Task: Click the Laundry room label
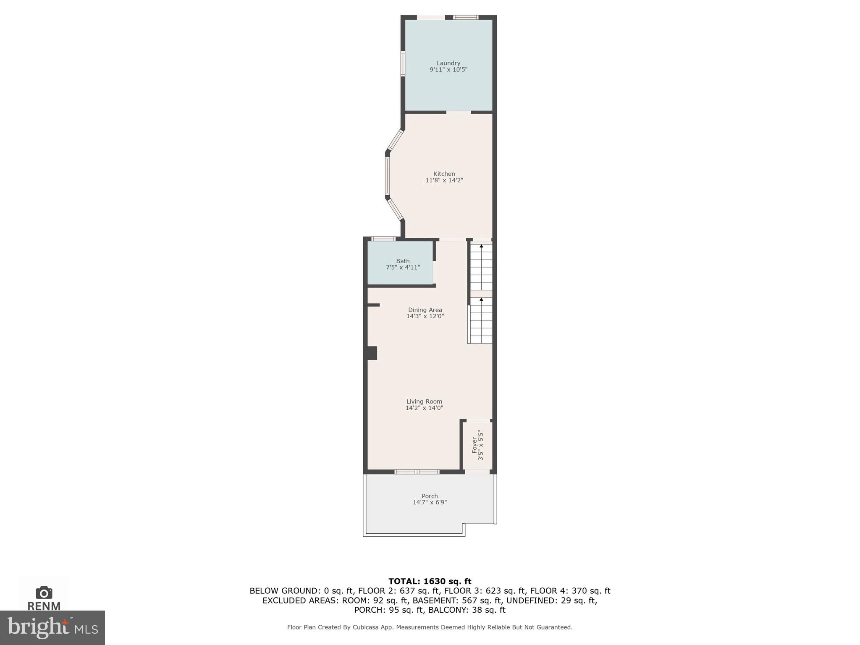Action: pos(448,63)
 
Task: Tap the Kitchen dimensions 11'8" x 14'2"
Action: pos(444,180)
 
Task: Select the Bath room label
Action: pos(403,261)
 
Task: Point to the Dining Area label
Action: pos(425,310)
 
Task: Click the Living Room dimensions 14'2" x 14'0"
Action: pos(424,408)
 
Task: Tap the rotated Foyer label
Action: pos(475,445)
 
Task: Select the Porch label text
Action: pos(430,496)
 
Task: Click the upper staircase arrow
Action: pos(481,246)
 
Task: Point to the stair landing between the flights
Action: pos(481,294)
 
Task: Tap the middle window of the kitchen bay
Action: pos(387,176)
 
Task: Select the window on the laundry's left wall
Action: pos(402,64)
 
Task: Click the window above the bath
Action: pos(383,239)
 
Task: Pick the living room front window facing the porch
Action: pos(417,472)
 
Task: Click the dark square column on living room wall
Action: pos(372,353)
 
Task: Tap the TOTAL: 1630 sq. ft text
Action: pos(430,582)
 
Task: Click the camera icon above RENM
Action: pos(44,593)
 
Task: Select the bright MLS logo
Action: pos(52,627)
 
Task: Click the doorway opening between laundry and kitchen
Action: pos(458,112)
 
